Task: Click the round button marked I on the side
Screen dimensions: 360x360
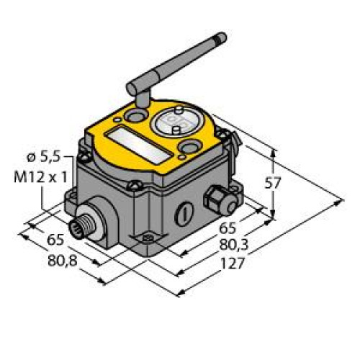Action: [x=184, y=212]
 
